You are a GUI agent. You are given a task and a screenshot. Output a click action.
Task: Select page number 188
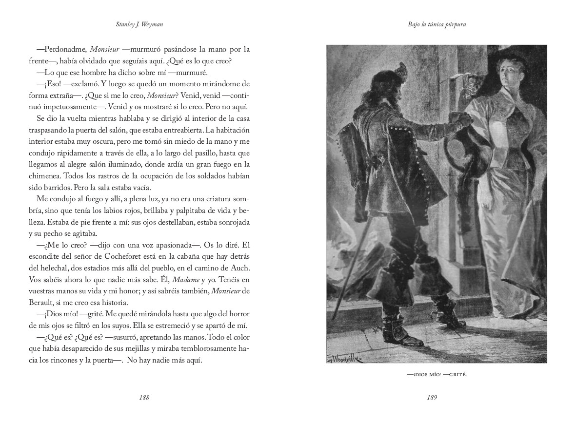tap(144, 397)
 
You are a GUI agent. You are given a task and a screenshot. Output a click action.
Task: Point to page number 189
tap(431, 397)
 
